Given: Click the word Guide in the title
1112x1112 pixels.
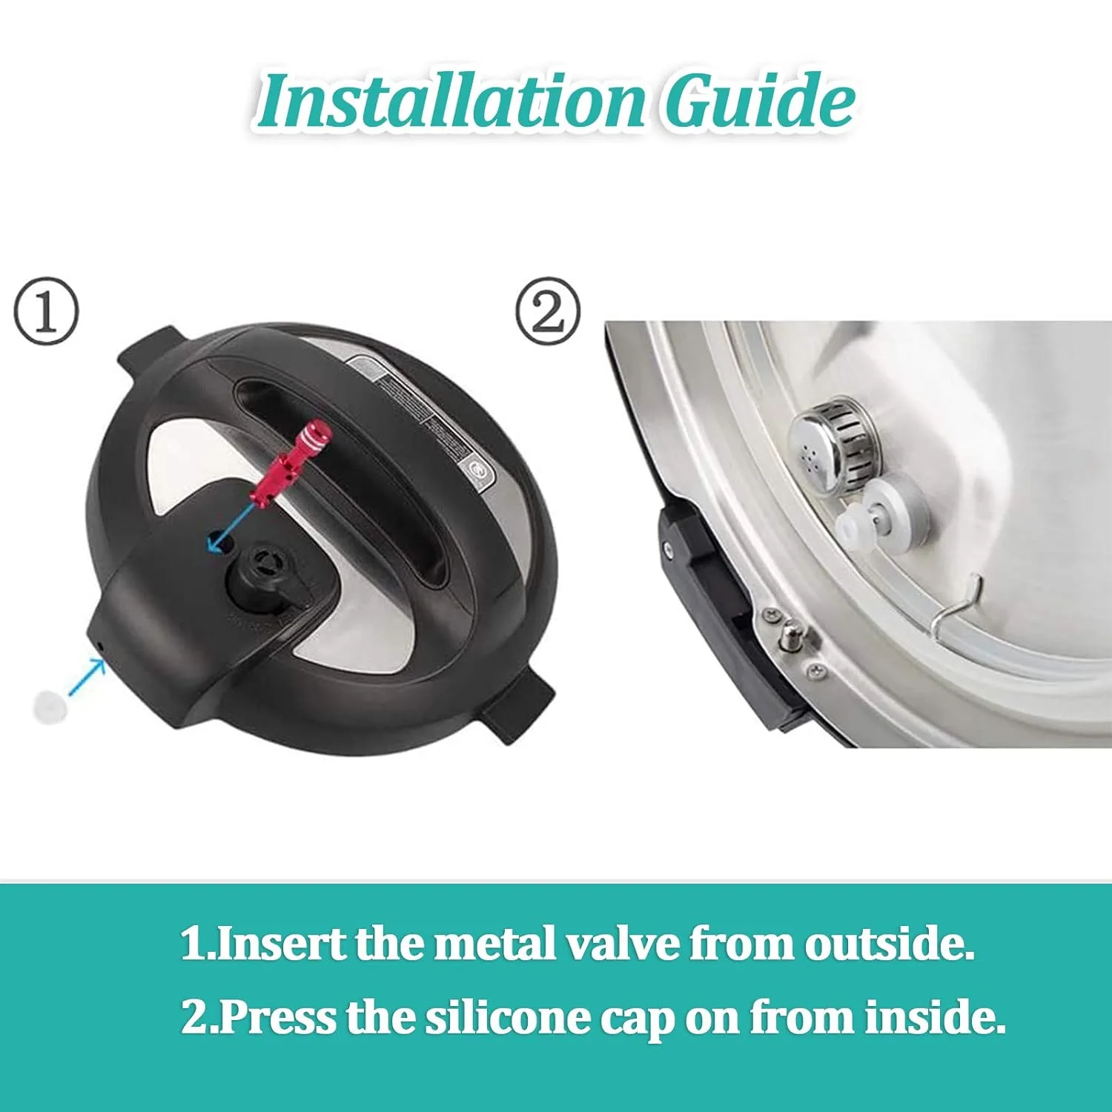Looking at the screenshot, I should tap(758, 102).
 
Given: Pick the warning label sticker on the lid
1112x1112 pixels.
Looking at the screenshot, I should tap(420, 415).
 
